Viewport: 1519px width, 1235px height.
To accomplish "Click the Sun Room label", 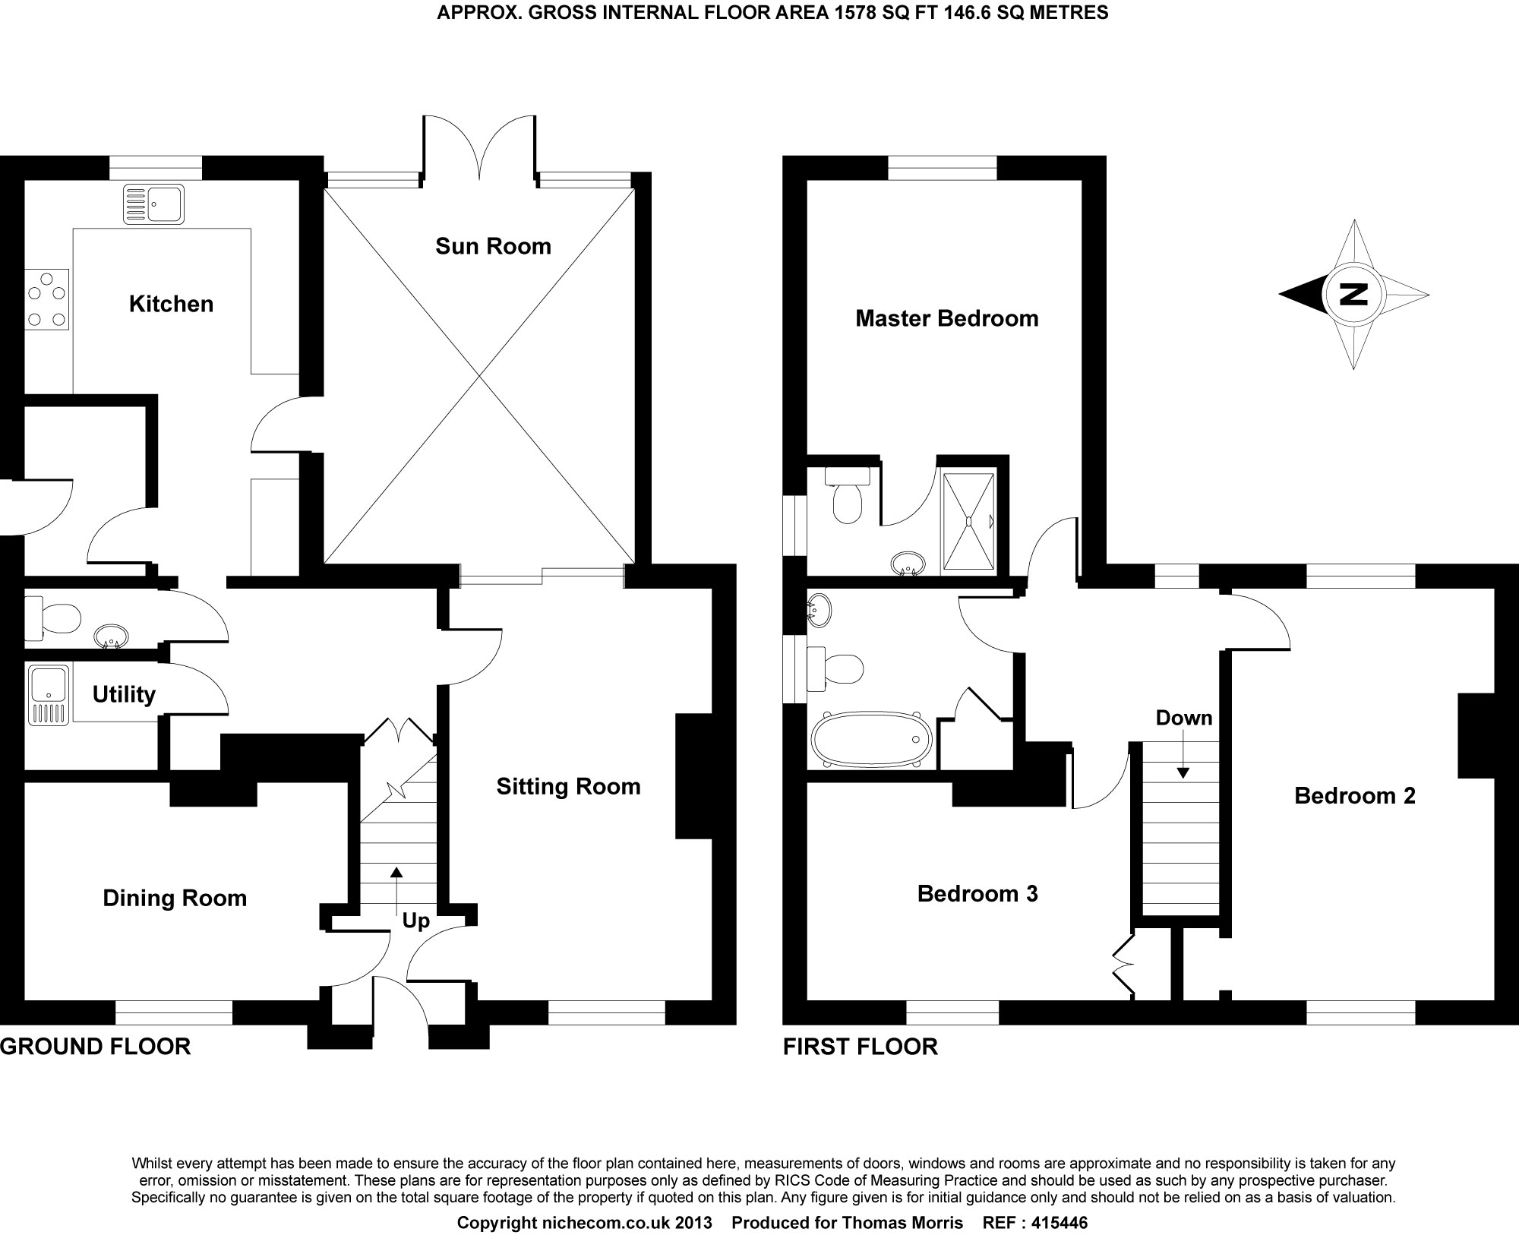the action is [493, 246].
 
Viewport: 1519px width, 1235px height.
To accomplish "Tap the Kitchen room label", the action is [171, 304].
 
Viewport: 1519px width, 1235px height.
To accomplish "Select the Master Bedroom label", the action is [946, 318].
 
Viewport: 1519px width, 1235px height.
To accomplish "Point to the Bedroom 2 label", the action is [1355, 796].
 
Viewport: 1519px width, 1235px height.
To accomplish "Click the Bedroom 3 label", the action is [977, 894].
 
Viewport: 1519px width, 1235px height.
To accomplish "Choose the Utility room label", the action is [124, 694].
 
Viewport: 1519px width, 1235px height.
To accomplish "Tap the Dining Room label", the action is [175, 899].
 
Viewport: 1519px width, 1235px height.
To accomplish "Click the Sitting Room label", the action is [568, 787].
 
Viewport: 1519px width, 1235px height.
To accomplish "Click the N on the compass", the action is [1353, 294].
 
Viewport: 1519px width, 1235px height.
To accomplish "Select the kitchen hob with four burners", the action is [46, 301].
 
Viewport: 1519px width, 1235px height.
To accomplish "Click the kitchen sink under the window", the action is [153, 204].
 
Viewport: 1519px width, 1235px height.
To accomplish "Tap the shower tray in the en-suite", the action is [968, 520].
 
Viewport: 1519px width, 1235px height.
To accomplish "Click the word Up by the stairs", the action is [415, 921].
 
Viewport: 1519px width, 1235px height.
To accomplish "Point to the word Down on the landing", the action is [1183, 718].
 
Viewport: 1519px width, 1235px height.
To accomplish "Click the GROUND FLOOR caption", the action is [96, 1047].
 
